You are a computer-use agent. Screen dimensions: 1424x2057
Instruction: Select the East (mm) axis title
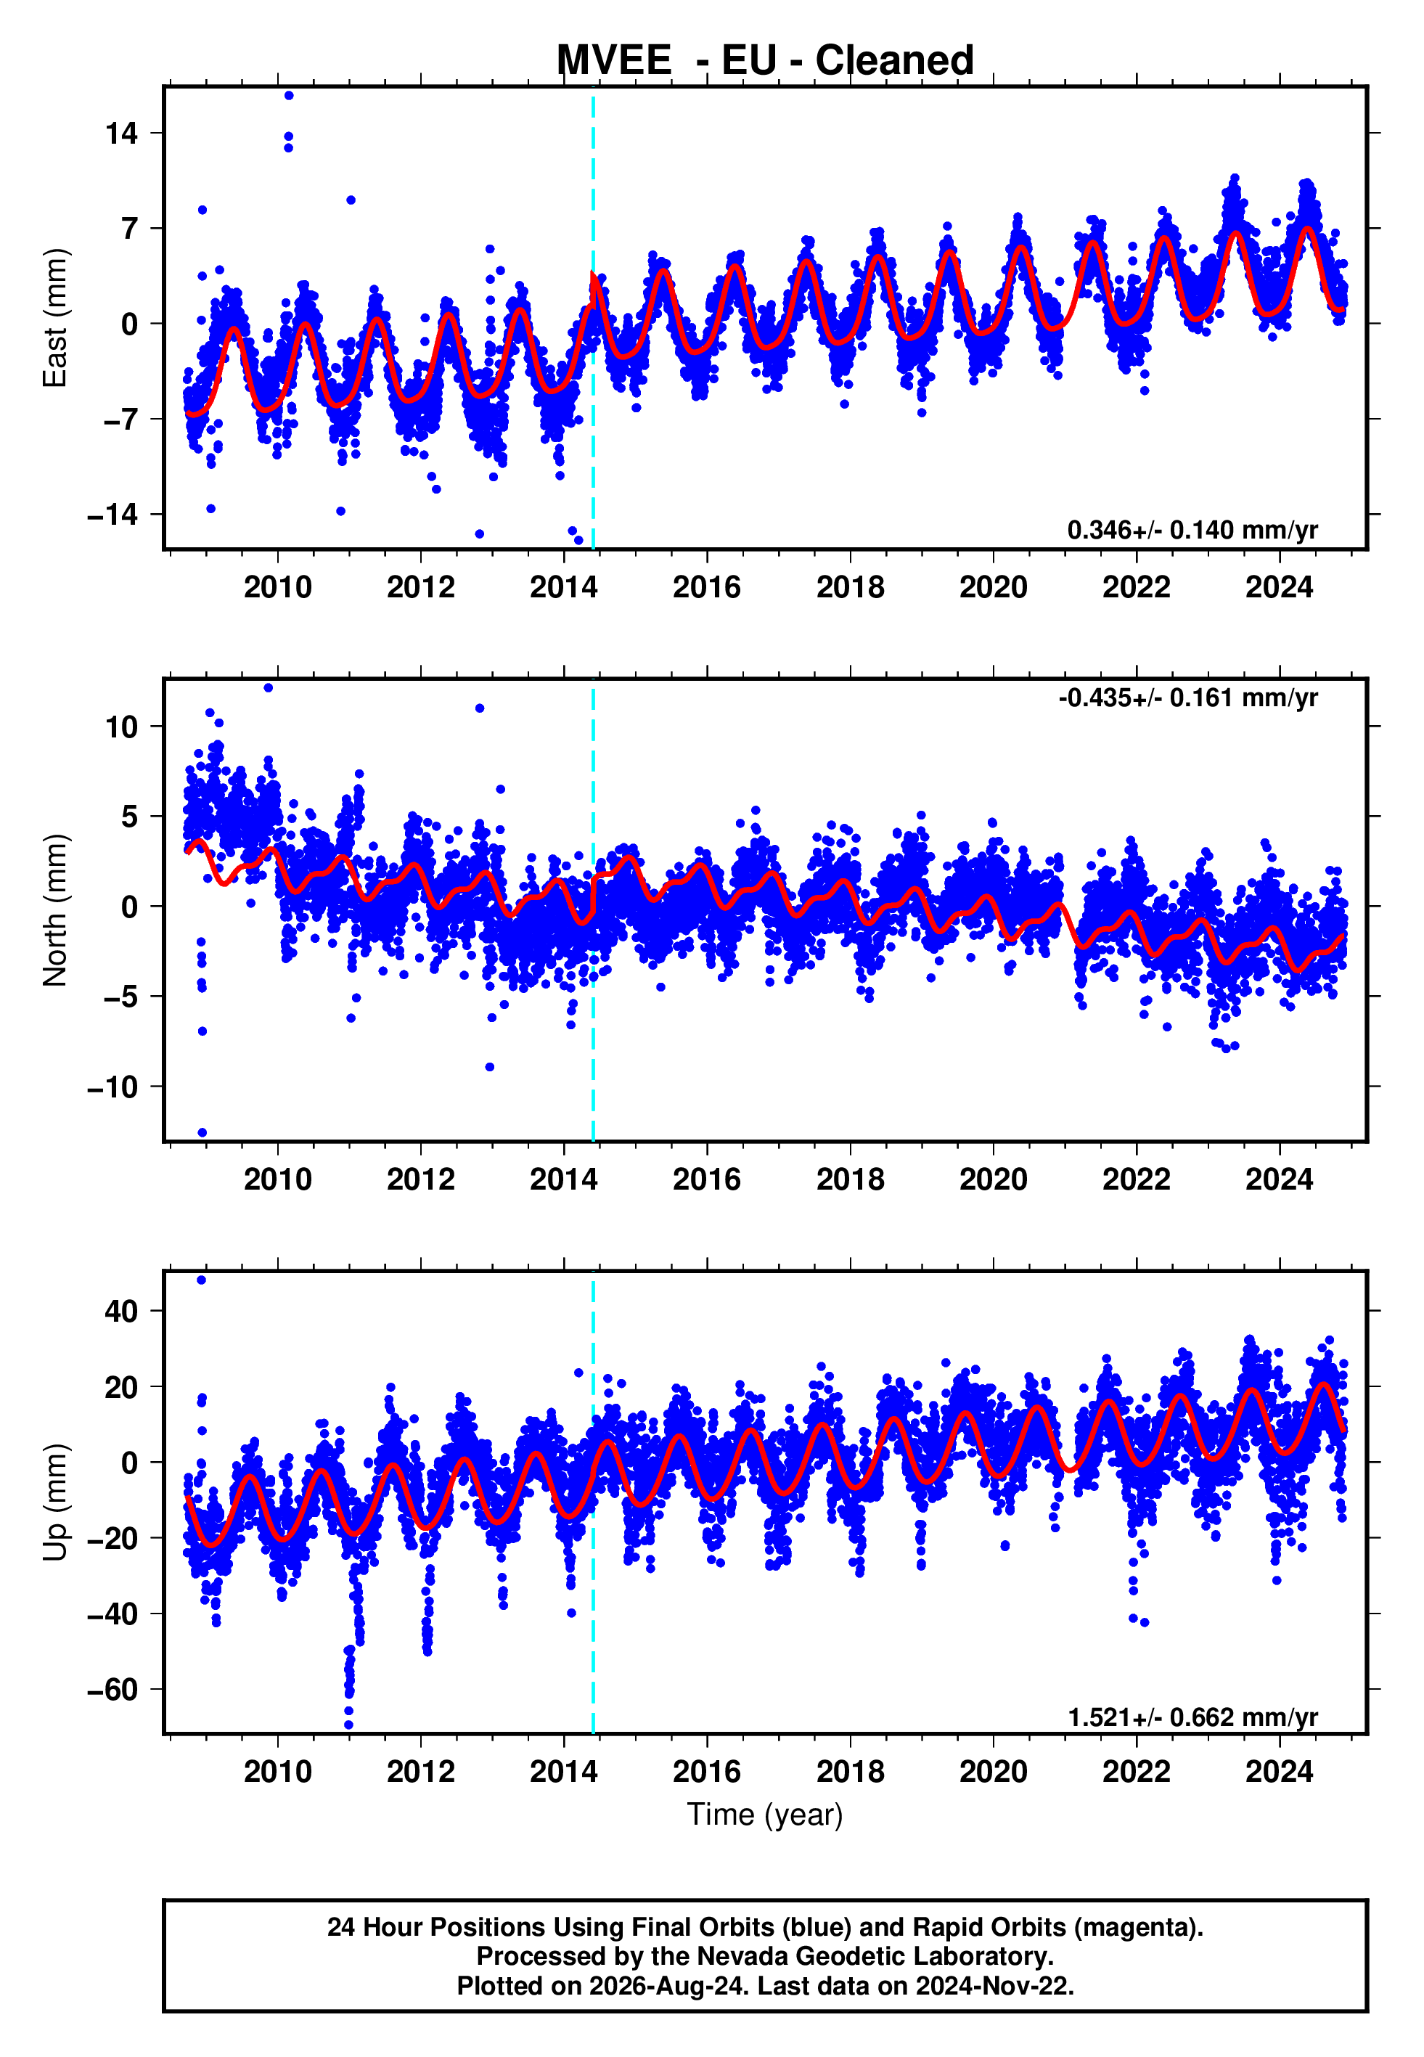pyautogui.click(x=54, y=318)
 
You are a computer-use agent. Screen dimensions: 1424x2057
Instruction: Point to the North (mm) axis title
pyautogui.click(x=54, y=910)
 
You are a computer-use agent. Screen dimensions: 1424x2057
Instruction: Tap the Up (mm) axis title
pyautogui.click(x=54, y=1502)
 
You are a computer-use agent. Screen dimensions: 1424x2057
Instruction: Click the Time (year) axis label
pyautogui.click(x=765, y=1815)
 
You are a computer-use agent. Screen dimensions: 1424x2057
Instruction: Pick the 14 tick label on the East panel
pyautogui.click(x=121, y=133)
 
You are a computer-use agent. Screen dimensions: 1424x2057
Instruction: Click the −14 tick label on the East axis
pyautogui.click(x=112, y=514)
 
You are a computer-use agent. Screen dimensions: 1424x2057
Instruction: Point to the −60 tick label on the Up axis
pyautogui.click(x=112, y=1690)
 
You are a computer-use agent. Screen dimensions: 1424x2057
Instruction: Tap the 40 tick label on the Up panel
pyautogui.click(x=121, y=1312)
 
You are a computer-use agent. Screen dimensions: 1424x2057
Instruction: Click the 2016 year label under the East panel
pyautogui.click(x=707, y=587)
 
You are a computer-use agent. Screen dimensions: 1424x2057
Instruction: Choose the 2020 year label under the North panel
pyautogui.click(x=993, y=1179)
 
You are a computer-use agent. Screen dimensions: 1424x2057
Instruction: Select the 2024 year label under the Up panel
pyautogui.click(x=1280, y=1772)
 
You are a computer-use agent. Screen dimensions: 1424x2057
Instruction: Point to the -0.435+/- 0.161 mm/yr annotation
pyautogui.click(x=1187, y=698)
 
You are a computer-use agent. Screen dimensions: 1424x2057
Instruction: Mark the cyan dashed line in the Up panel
pyautogui.click(x=594, y=1502)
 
